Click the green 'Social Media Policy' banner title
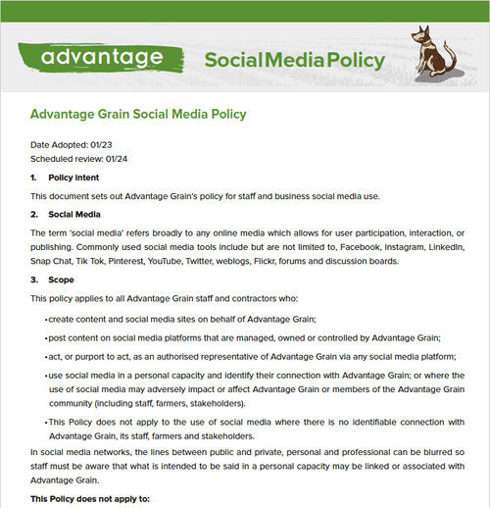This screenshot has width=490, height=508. (x=294, y=61)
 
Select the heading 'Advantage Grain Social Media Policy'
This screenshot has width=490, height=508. (x=138, y=115)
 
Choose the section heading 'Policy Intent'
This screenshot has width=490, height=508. (x=75, y=178)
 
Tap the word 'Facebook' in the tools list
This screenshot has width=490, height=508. (x=368, y=246)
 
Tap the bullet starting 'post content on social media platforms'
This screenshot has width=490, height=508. (x=245, y=337)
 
